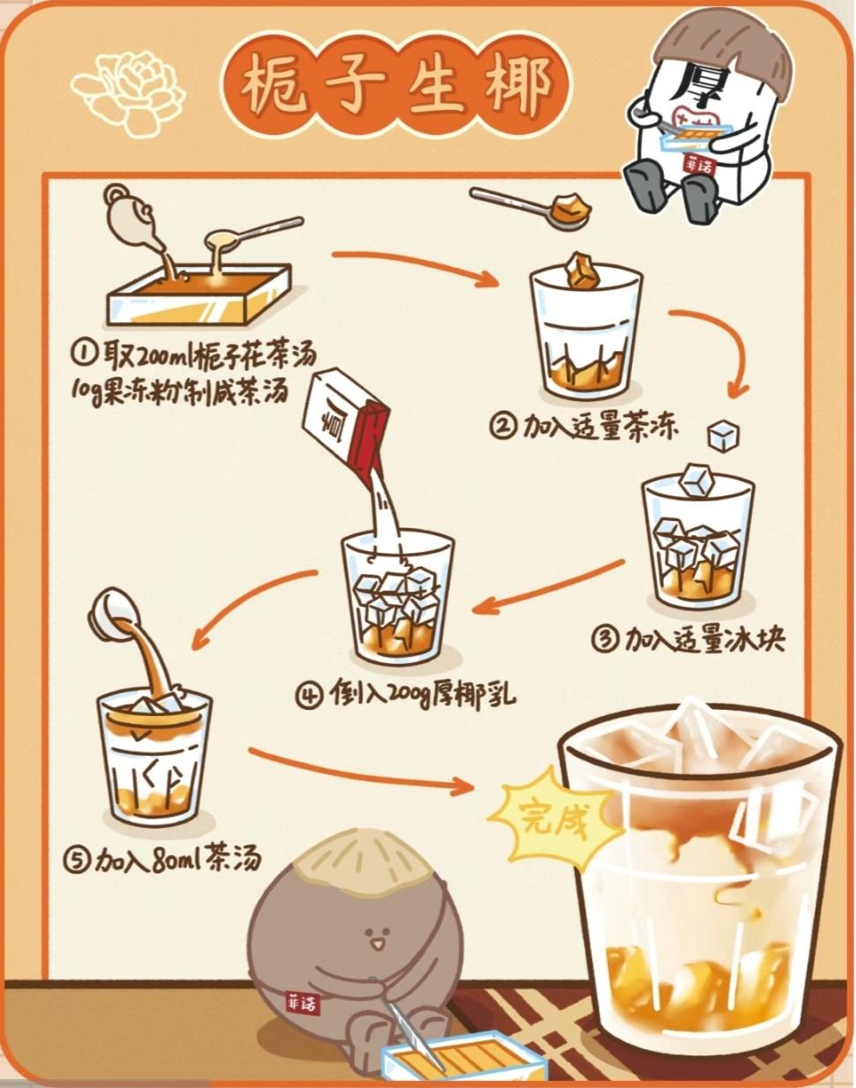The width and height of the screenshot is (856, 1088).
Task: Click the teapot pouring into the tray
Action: [x=130, y=216]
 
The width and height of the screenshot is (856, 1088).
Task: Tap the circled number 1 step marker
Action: [x=83, y=354]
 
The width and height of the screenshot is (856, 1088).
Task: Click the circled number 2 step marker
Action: [x=503, y=428]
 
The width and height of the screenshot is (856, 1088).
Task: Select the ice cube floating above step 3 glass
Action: [x=725, y=435]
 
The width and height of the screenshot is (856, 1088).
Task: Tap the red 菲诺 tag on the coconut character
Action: [x=302, y=1003]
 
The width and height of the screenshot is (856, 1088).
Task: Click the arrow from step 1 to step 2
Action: [x=414, y=267]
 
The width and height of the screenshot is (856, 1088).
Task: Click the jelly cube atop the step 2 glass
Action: [x=583, y=271]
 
